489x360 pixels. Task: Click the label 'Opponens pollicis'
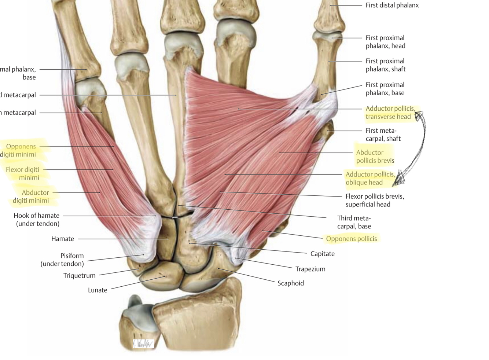[351, 239]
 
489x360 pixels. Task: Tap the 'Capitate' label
[322, 254]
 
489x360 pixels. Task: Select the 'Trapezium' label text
[310, 269]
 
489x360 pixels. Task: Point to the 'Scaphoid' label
[290, 283]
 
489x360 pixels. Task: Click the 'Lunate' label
[98, 290]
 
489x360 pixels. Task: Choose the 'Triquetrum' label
[79, 275]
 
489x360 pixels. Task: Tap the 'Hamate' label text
[63, 239]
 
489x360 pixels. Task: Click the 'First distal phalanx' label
[392, 5]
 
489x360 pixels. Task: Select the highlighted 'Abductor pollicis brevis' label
[375, 157]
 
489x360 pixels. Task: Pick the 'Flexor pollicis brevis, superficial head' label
[375, 200]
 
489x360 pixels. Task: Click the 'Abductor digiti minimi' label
[31, 196]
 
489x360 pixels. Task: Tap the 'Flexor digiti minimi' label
[23, 173]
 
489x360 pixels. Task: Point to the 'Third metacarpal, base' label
[354, 222]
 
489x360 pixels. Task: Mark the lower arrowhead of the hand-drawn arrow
[398, 179]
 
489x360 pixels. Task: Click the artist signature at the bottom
[144, 344]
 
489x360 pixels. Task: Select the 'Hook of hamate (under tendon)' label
[37, 220]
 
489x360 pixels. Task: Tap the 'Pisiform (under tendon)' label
[62, 260]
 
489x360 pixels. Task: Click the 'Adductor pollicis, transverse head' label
[390, 113]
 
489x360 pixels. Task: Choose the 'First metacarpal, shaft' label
[383, 135]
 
